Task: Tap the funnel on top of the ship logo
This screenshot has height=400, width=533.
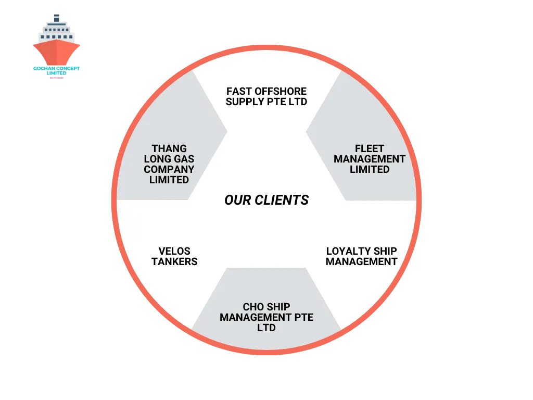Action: (57, 18)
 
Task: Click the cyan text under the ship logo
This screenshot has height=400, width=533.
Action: (57, 68)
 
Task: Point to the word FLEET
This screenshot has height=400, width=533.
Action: (370, 148)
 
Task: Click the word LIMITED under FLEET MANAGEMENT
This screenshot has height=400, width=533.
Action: (370, 169)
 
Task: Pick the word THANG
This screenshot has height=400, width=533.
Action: (169, 148)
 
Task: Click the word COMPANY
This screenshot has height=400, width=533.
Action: (169, 169)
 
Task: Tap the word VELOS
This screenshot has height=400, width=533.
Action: (174, 251)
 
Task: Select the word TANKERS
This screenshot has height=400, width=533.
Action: (174, 261)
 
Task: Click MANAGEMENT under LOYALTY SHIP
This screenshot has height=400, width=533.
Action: (362, 261)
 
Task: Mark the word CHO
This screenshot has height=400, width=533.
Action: (253, 307)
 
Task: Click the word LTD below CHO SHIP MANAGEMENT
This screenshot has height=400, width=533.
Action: (266, 328)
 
